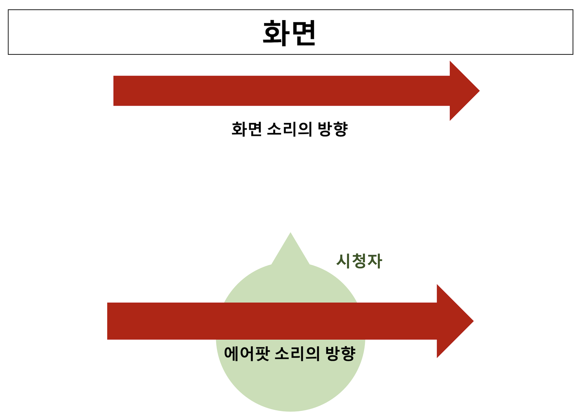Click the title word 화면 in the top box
click(289, 33)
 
